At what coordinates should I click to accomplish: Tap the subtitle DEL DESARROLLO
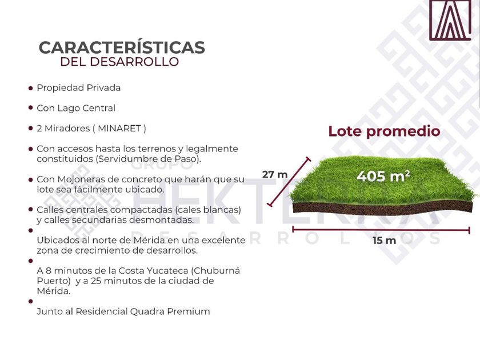tap(119, 62)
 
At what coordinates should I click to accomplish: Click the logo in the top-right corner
tap(450, 20)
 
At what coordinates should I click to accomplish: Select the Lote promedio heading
tap(384, 131)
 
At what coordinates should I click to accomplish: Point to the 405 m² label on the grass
tap(383, 176)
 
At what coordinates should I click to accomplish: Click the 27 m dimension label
tap(275, 174)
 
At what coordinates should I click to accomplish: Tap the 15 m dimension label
tap(384, 241)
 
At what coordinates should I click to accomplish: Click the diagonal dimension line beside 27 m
tap(289, 182)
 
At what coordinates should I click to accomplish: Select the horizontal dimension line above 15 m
tap(381, 230)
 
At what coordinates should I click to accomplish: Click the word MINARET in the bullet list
tap(119, 128)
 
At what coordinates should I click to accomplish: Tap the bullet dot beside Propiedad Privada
tap(30, 88)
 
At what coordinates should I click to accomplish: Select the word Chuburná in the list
tap(217, 271)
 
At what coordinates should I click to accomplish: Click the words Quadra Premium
tap(170, 311)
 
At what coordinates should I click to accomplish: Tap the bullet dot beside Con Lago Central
tap(30, 108)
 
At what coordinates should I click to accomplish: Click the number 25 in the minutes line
tap(96, 281)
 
